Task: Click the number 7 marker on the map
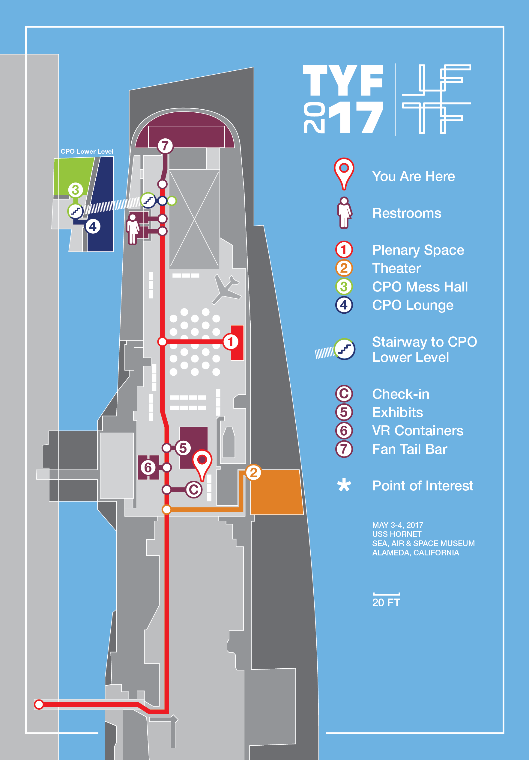pos(165,146)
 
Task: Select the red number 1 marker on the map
pos(230,342)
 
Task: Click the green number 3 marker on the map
pos(76,190)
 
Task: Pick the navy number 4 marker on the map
pos(93,226)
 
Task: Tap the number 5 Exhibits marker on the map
pos(183,448)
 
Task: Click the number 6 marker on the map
pos(148,467)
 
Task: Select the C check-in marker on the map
pos(194,489)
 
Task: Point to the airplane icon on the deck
pos(227,289)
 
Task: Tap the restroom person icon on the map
pos(133,229)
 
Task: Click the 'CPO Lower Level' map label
pos(87,151)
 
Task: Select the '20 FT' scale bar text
pos(386,602)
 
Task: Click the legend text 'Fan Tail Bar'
pos(410,449)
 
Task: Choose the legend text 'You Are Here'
pos(413,176)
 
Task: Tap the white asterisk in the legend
pos(344,485)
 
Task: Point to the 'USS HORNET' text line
pos(397,534)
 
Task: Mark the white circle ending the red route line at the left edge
pos(39,704)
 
